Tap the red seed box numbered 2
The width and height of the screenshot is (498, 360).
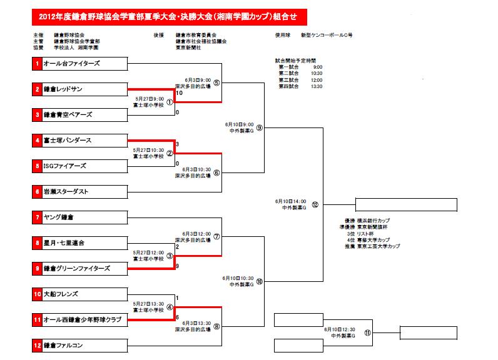point(38,89)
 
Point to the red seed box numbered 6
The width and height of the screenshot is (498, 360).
point(38,191)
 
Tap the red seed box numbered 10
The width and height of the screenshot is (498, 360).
point(38,294)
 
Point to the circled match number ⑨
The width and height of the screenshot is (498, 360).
point(260,127)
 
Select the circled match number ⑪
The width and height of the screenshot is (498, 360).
point(368,332)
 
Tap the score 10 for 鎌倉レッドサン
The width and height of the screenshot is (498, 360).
point(179,93)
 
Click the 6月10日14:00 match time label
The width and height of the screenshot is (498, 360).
point(290,202)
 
